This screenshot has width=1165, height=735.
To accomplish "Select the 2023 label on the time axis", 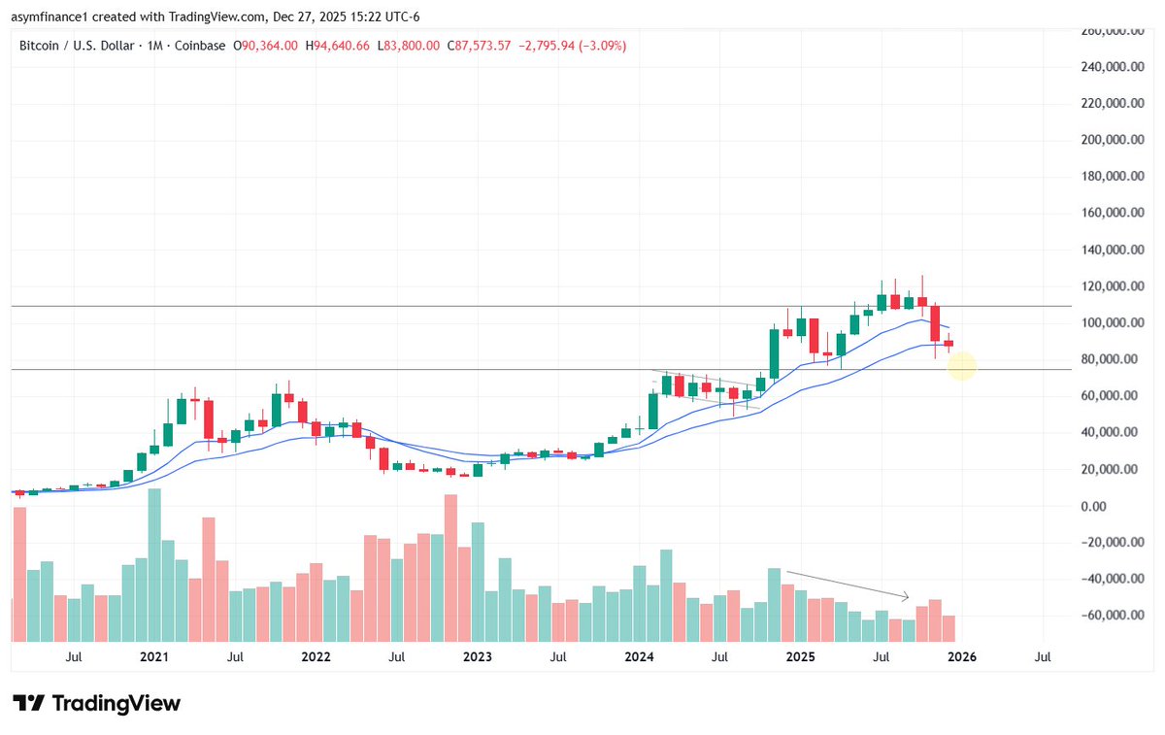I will pyautogui.click(x=477, y=657).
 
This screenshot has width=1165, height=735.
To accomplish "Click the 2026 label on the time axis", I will pyautogui.click(x=962, y=657).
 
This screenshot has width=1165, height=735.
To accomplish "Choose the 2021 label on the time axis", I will pyautogui.click(x=153, y=657).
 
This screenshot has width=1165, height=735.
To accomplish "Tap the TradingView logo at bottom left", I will pyautogui.click(x=96, y=703).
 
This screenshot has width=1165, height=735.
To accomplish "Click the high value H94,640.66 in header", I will pyautogui.click(x=339, y=46).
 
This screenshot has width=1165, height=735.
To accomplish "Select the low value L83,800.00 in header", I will pyautogui.click(x=408, y=46).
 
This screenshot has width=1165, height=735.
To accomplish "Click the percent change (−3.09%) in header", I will pyautogui.click(x=601, y=46).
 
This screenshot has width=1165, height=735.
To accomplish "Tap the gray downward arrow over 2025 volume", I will pyautogui.click(x=848, y=584).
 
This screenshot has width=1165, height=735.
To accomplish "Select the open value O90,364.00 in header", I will pyautogui.click(x=266, y=46).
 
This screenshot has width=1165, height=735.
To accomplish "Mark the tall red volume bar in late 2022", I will pyautogui.click(x=450, y=568).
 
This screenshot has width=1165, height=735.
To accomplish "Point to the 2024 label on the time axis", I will pyautogui.click(x=639, y=657).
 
